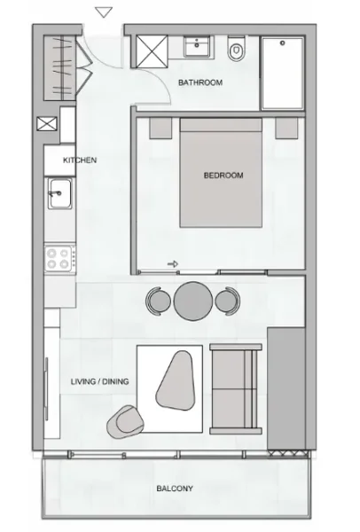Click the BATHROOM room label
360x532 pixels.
coord(200,82)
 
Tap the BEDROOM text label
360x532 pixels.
coord(223,176)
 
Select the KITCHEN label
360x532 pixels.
coord(79,160)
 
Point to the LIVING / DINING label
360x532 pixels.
coord(99,382)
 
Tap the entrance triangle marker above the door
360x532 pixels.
coord(104,12)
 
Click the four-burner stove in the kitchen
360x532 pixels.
coord(59,258)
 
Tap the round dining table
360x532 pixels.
coord(192,301)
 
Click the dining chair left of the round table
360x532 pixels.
coord(158,301)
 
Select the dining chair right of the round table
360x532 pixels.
coord(227,301)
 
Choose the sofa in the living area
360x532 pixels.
coord(235,390)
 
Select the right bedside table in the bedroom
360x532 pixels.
coord(286,129)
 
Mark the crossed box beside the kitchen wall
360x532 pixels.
coord(45,126)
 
